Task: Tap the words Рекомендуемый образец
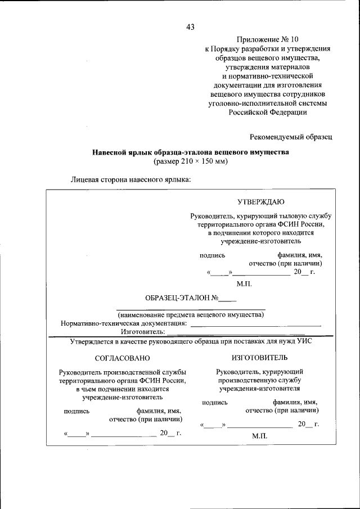click(291, 136)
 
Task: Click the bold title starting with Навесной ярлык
click(190, 152)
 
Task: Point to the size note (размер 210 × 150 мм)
click(190, 161)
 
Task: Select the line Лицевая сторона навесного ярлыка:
click(130, 180)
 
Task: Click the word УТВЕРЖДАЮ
click(261, 201)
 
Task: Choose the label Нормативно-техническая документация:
click(123, 323)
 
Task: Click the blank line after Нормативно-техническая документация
click(255, 325)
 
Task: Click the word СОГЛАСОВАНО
click(123, 358)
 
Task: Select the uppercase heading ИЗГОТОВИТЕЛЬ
click(259, 357)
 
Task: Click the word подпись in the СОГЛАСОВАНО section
click(76, 411)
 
